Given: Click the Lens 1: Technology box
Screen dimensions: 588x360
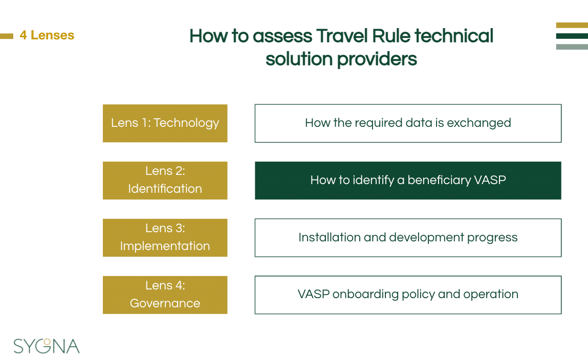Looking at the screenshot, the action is coord(165,123).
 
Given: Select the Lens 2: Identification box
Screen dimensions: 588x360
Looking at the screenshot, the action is coord(165,181).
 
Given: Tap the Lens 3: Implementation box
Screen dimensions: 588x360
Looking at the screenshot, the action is coord(165,238).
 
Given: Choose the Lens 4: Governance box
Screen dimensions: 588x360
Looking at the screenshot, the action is coord(165,295).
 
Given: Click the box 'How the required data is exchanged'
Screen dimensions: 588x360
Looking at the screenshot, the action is coord(408,123).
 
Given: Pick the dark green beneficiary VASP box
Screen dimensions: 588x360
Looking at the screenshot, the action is coord(408,181).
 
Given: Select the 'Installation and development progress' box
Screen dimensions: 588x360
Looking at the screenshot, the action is coord(408,238).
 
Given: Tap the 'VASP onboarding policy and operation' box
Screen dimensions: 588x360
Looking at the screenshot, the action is coord(408,295).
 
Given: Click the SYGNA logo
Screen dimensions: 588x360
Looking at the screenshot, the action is coord(47,346).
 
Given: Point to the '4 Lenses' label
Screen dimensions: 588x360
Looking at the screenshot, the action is coord(47,35).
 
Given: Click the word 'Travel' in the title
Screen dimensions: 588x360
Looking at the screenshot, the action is coord(342,36).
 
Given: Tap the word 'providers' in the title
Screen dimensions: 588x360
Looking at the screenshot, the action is coord(377,59).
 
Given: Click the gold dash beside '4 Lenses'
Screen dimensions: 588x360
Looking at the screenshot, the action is coord(7,36).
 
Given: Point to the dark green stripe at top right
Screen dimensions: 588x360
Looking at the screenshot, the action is coord(572,36).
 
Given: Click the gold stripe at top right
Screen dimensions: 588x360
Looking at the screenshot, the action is coord(572,25).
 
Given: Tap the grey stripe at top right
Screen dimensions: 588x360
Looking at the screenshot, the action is coord(572,47).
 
